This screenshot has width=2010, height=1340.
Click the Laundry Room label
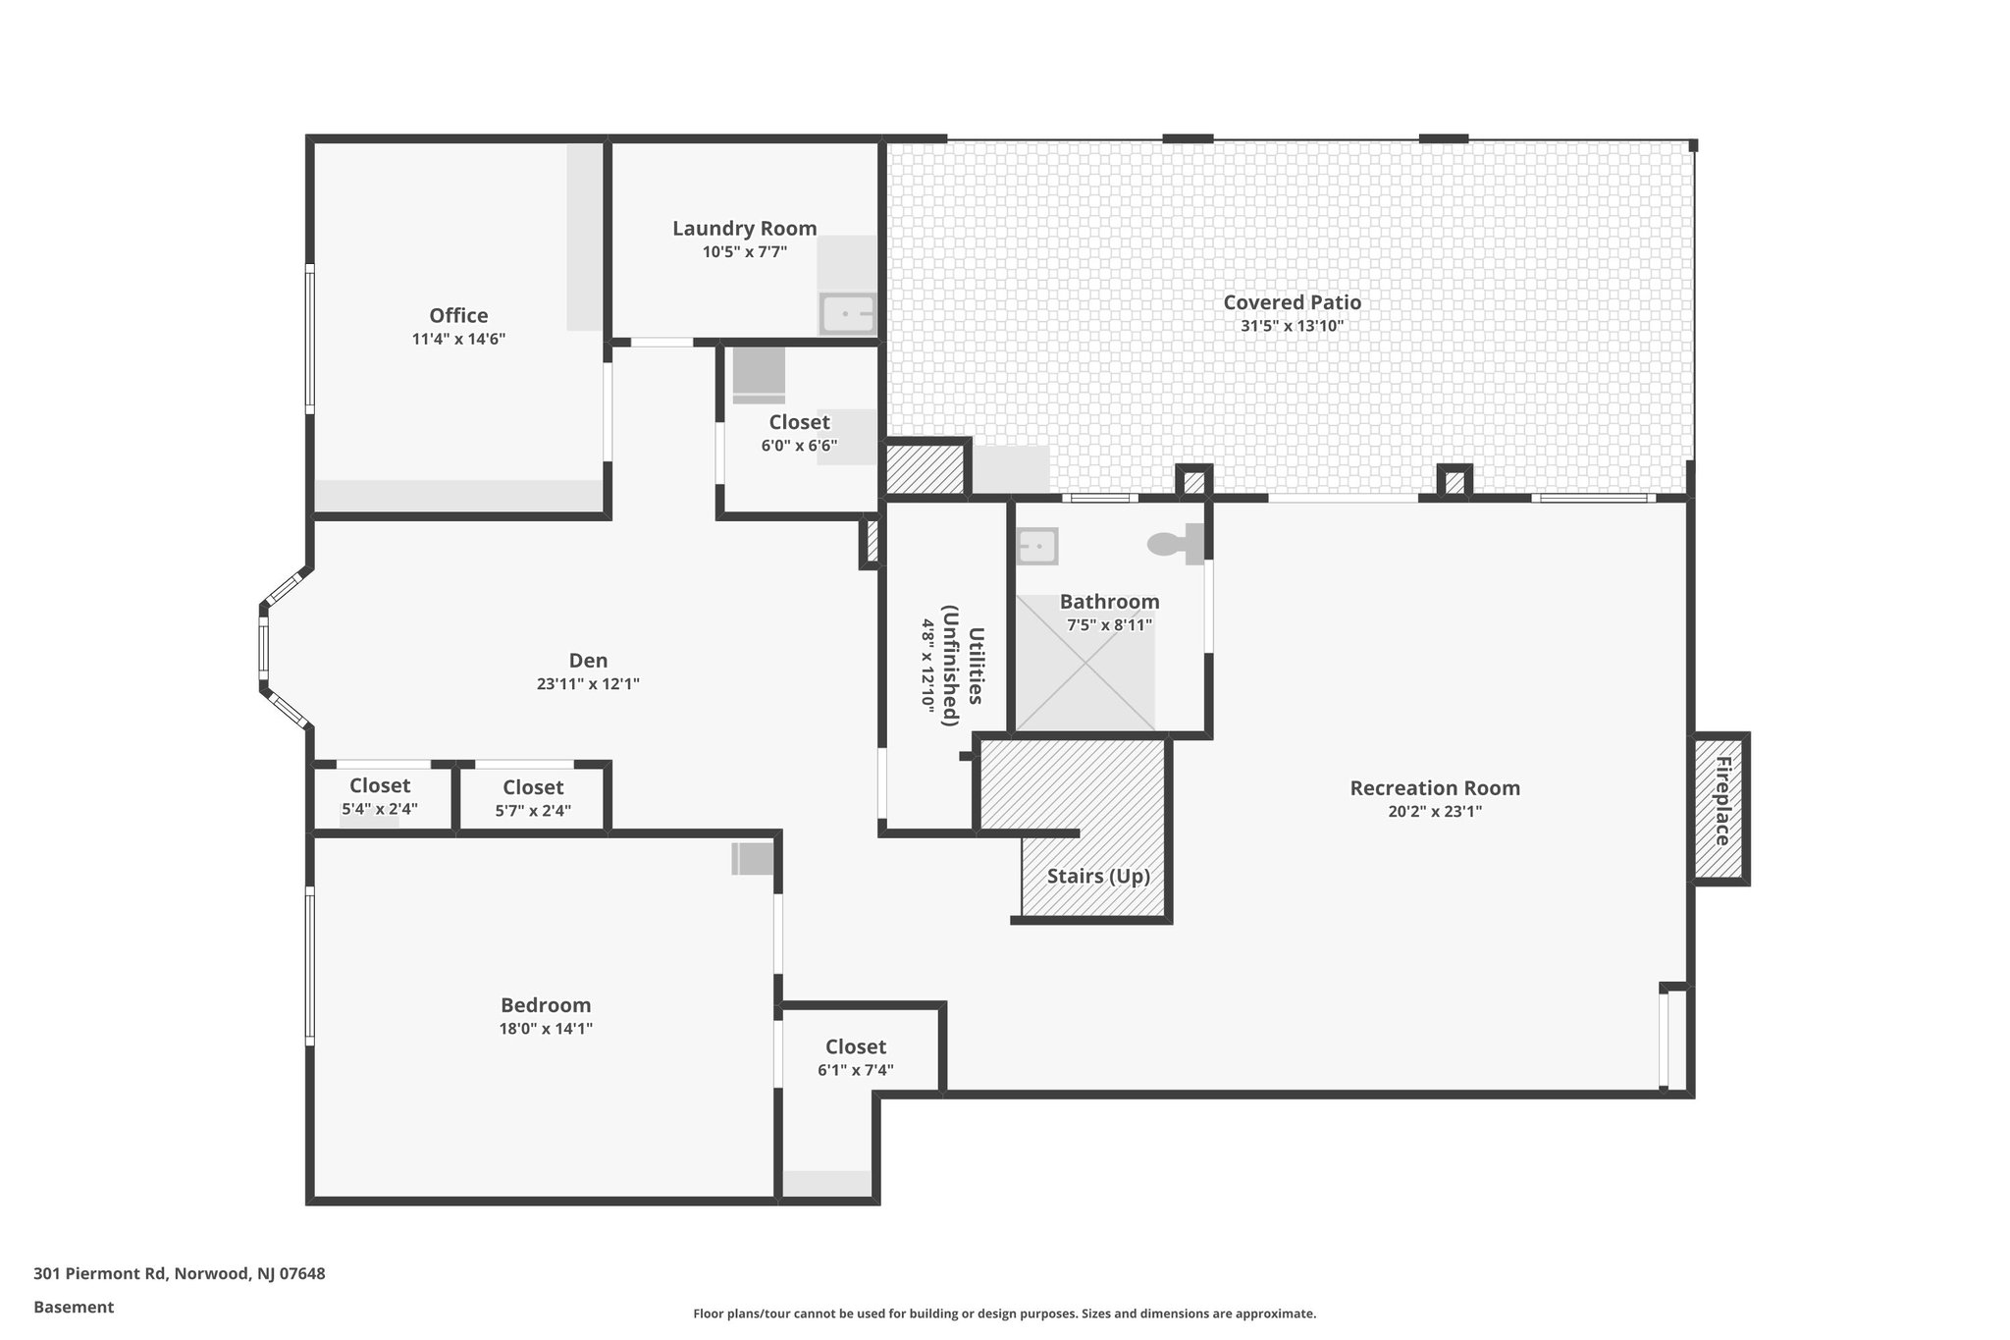pyautogui.click(x=744, y=229)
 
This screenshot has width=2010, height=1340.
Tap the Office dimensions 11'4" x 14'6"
pyautogui.click(x=458, y=340)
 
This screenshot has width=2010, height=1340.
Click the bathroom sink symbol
pyautogui.click(x=1036, y=547)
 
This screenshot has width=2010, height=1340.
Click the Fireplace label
pyautogui.click(x=1721, y=801)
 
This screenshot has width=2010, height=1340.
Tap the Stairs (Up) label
pyautogui.click(x=1097, y=876)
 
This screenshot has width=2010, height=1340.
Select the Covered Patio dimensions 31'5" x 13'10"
pyautogui.click(x=1292, y=326)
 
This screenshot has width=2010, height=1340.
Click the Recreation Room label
pyautogui.click(x=1434, y=788)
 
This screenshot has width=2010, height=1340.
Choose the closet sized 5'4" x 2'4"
pyautogui.click(x=380, y=796)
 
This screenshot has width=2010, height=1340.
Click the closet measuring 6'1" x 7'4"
pyautogui.click(x=855, y=1057)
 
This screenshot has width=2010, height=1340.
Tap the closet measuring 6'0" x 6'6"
pyautogui.click(x=799, y=433)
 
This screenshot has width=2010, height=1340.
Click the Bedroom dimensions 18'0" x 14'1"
pyautogui.click(x=546, y=1029)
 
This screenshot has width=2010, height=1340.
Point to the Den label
pyautogui.click(x=588, y=661)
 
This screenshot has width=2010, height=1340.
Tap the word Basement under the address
pyautogui.click(x=74, y=1307)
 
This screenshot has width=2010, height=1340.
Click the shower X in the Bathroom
pyautogui.click(x=1084, y=664)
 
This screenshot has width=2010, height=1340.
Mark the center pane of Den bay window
pyautogui.click(x=263, y=647)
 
